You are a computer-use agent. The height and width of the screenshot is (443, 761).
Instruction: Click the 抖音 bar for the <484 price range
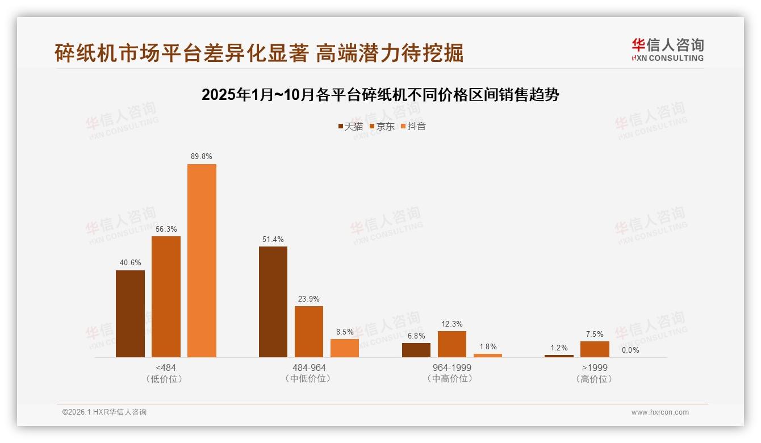point(202,261)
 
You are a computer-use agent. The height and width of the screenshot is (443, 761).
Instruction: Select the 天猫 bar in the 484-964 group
point(273,302)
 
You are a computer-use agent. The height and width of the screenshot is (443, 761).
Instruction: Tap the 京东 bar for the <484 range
point(166,296)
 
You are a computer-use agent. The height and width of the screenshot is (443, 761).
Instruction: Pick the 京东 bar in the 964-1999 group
point(452,344)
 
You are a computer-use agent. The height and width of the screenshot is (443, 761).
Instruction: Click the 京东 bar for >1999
point(595,349)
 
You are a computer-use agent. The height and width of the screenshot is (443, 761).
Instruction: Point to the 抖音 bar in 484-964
point(345,348)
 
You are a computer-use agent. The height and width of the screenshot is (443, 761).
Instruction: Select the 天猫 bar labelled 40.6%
point(130,314)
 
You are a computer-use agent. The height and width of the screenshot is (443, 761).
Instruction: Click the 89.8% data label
point(202,156)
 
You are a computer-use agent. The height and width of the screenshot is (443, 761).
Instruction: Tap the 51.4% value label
point(273,239)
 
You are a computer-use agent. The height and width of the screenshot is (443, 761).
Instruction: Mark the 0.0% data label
point(630,350)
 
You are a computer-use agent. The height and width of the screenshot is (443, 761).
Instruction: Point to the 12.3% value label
point(452,324)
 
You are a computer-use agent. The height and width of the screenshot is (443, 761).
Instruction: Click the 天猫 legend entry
point(350,126)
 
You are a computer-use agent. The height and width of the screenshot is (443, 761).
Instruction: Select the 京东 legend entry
point(382,126)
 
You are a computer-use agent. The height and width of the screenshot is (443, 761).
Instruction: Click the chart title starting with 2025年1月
point(380,95)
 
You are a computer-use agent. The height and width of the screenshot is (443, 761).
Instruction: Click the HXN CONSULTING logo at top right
point(667,50)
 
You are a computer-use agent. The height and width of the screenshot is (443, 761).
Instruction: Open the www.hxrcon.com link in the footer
point(660,412)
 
